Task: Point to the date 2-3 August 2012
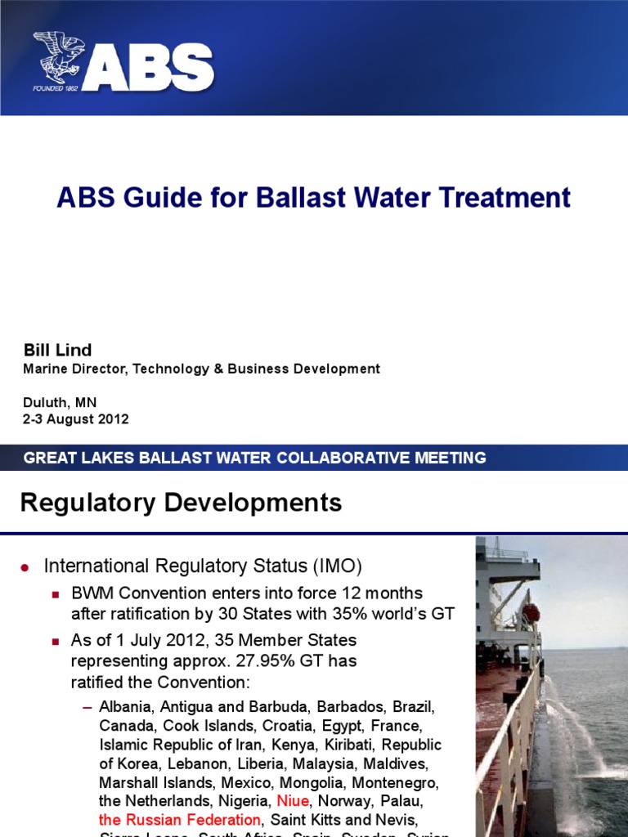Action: (x=76, y=419)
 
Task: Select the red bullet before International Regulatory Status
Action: (x=25, y=566)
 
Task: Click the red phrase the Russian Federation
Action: (x=180, y=819)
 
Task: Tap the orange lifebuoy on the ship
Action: (x=531, y=612)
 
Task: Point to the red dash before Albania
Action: (x=88, y=705)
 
